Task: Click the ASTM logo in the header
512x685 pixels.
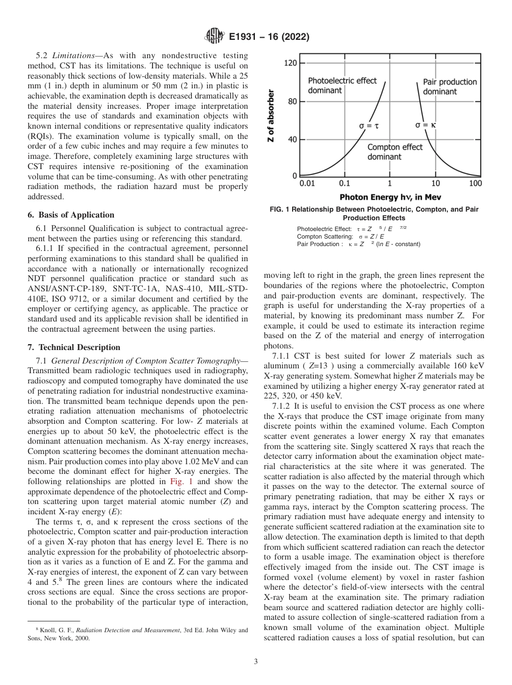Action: pyautogui.click(x=215, y=37)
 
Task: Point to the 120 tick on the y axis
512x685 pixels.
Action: pyautogui.click(x=290, y=64)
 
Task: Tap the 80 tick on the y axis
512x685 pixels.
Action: pyautogui.click(x=292, y=102)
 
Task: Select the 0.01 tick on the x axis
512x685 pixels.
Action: pyautogui.click(x=307, y=184)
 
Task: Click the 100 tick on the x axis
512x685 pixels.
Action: pyautogui.click(x=475, y=184)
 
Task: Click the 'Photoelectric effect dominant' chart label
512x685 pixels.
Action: pyautogui.click(x=342, y=86)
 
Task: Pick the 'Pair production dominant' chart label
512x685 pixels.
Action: pyautogui.click(x=449, y=87)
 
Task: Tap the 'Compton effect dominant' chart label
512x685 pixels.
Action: pyautogui.click(x=395, y=152)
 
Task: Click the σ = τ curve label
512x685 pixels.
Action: pyautogui.click(x=369, y=125)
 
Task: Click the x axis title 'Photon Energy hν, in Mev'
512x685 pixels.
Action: pyautogui.click(x=390, y=197)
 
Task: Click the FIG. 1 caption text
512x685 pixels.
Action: pyautogui.click(x=374, y=213)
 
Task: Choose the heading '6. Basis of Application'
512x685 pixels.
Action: pyautogui.click(x=71, y=214)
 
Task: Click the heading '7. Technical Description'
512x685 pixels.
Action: pyautogui.click(x=74, y=347)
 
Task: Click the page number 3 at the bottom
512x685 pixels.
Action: pyautogui.click(x=255, y=661)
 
